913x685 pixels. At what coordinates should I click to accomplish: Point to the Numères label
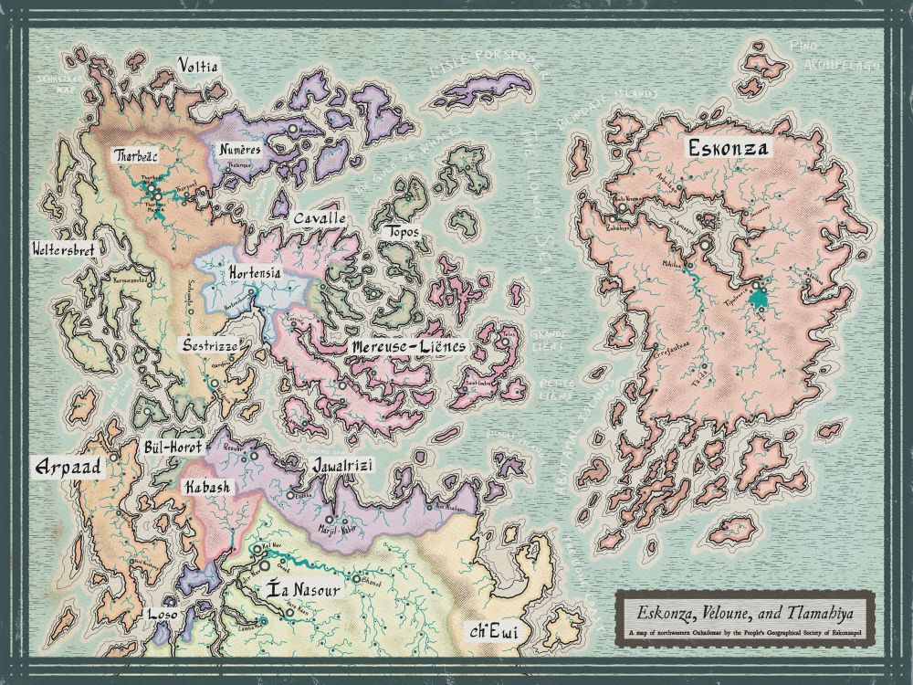[240, 149]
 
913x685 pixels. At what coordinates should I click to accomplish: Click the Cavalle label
[320, 219]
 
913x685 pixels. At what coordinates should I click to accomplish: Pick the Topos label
[403, 233]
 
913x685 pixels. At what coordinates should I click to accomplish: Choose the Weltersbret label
[65, 248]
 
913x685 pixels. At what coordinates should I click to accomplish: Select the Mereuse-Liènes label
[408, 347]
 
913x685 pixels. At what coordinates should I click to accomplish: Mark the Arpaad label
[65, 468]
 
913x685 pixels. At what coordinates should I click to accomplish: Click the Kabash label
[207, 488]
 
